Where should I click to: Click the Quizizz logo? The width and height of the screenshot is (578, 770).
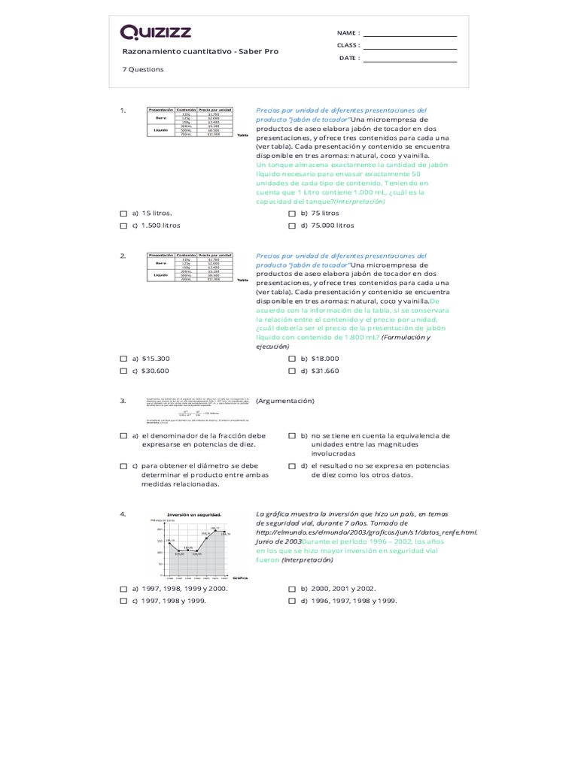click(x=156, y=32)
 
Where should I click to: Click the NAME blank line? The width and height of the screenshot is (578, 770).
click(x=409, y=35)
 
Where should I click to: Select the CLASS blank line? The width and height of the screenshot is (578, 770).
click(x=409, y=48)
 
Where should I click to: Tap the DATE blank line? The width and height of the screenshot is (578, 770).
click(x=409, y=61)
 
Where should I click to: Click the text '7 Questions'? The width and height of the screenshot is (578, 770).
click(x=143, y=69)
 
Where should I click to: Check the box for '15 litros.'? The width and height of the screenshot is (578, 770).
click(x=123, y=214)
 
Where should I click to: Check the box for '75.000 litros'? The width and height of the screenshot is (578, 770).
click(x=292, y=226)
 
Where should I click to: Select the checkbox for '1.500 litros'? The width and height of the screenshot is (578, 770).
click(x=123, y=226)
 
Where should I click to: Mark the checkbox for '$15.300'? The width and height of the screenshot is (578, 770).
click(x=123, y=359)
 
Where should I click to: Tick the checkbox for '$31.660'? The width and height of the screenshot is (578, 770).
click(x=292, y=371)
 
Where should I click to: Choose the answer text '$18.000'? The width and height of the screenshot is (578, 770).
click(x=324, y=359)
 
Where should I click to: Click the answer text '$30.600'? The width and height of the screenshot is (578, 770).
click(x=155, y=371)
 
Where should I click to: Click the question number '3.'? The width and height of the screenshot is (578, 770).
click(x=123, y=402)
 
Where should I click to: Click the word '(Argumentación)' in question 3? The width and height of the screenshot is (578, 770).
click(x=285, y=402)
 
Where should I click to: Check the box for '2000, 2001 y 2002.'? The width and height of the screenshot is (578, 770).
click(x=292, y=589)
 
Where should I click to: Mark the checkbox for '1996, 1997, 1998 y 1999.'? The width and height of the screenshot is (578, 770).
click(x=292, y=601)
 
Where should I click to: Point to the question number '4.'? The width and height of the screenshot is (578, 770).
click(x=123, y=514)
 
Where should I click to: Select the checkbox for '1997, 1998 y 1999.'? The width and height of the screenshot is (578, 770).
click(x=123, y=601)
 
